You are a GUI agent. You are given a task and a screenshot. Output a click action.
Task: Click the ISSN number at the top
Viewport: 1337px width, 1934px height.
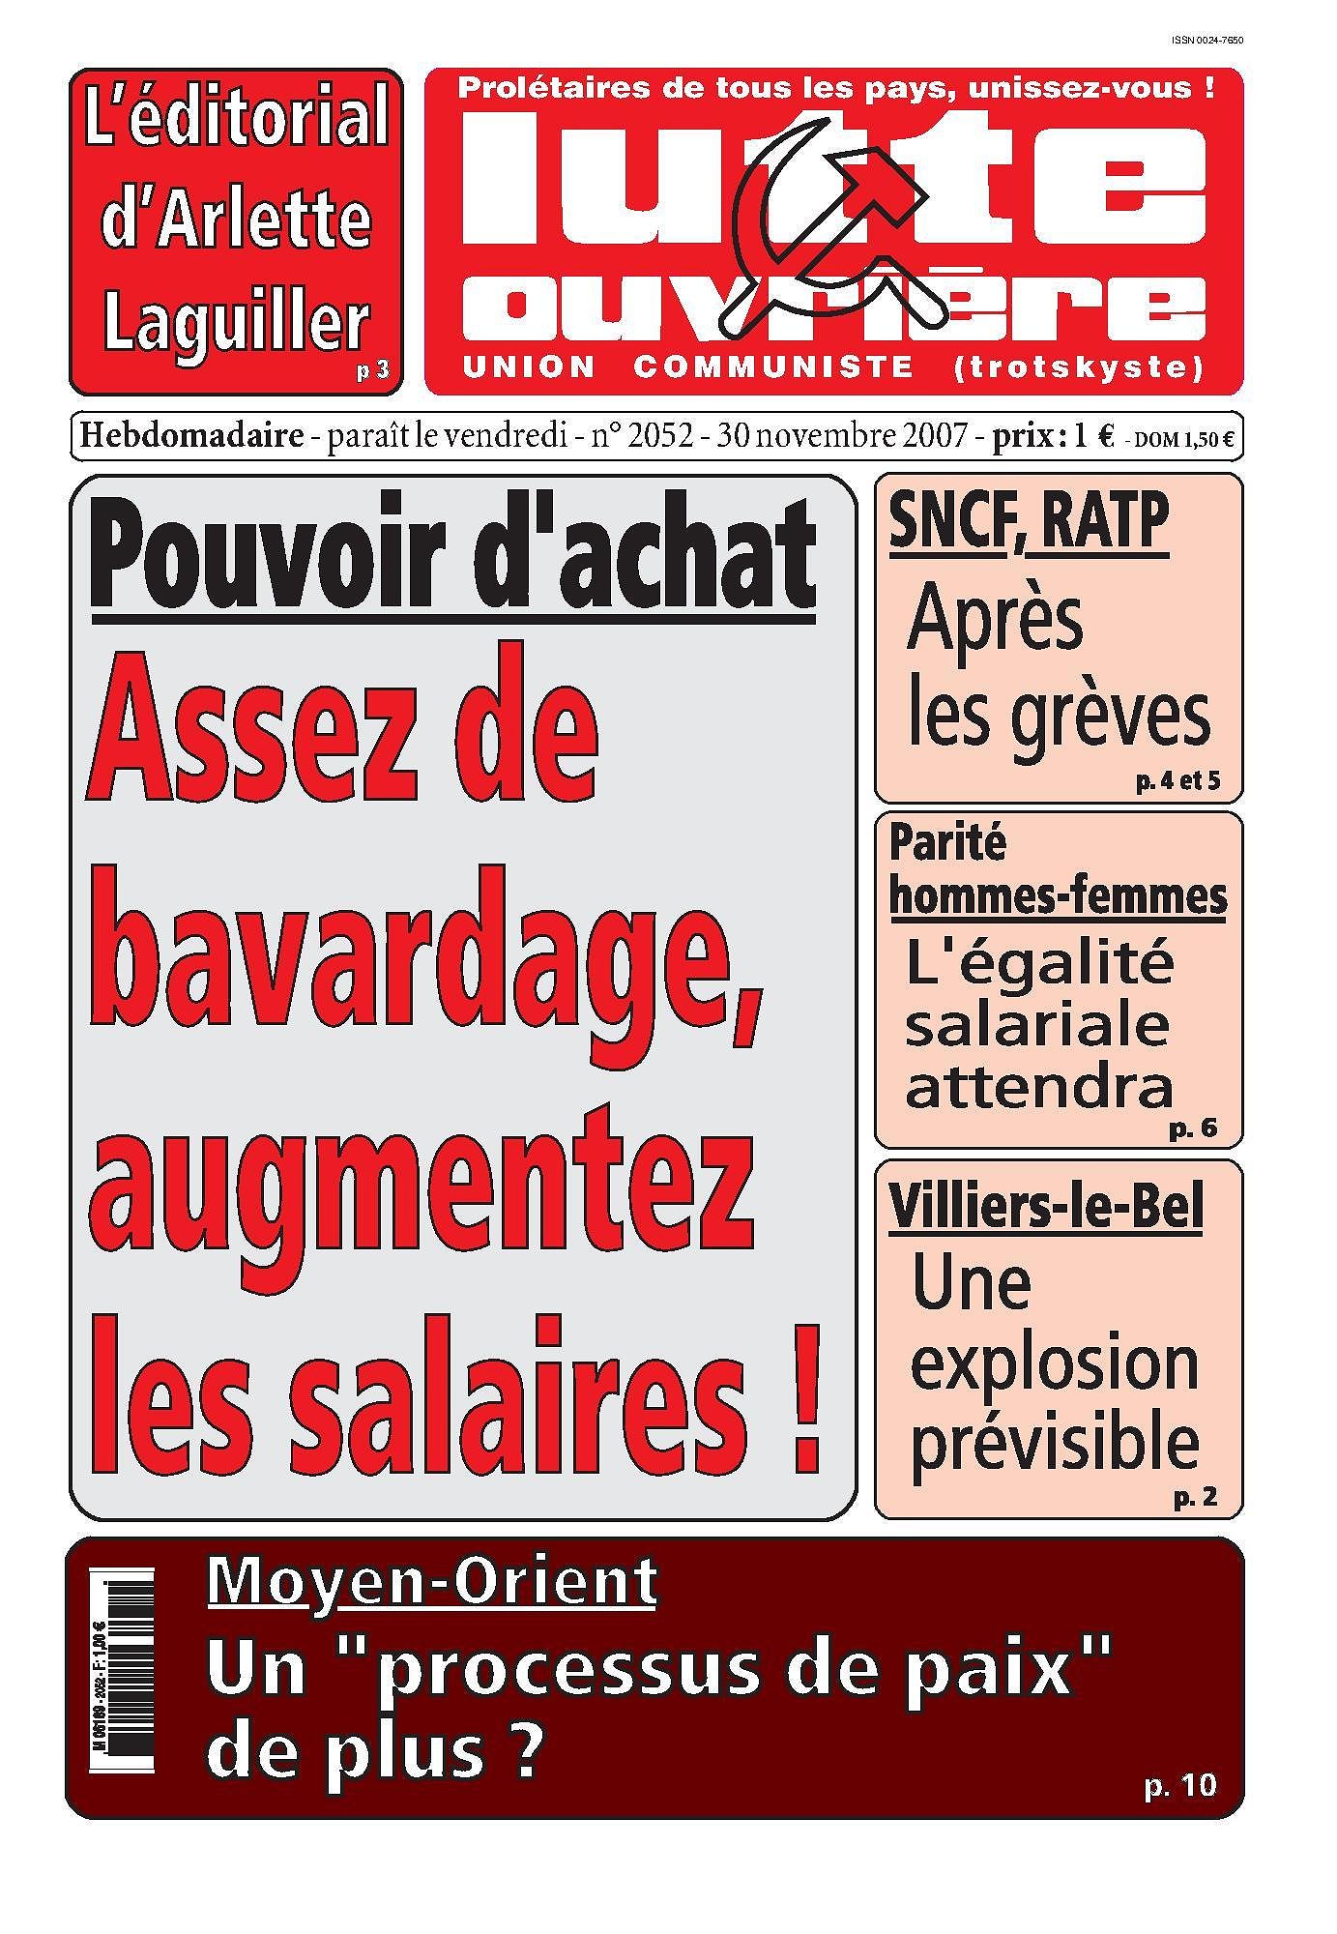click(x=1206, y=41)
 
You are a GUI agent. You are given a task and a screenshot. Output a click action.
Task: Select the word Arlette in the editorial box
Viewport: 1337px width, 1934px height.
click(x=236, y=220)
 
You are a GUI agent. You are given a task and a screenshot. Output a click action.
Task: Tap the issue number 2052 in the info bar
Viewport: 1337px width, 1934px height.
click(x=660, y=437)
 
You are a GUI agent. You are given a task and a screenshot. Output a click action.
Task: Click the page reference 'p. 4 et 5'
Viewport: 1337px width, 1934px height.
click(x=1177, y=780)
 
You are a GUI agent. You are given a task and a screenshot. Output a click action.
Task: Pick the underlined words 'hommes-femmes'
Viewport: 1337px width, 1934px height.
click(x=1058, y=895)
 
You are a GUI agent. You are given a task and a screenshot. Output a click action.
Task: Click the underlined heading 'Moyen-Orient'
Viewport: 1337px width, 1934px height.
click(x=432, y=1582)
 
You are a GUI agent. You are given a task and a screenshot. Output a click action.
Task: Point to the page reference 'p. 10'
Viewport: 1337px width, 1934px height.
click(x=1180, y=1785)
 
